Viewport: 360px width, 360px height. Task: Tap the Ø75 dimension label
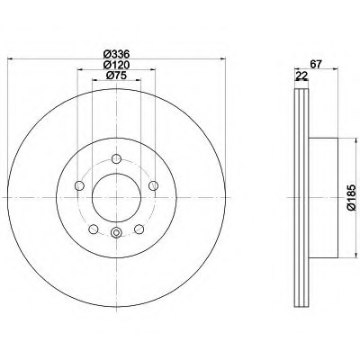tap(115, 76)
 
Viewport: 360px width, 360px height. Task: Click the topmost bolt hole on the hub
tap(115, 163)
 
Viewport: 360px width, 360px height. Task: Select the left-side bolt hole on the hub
tap(79, 185)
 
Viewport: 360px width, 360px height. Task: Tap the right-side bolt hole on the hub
tap(153, 185)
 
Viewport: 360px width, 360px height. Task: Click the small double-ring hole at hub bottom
tap(115, 235)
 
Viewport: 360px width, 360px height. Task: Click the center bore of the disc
tap(115, 197)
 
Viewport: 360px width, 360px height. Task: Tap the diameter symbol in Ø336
tap(104, 53)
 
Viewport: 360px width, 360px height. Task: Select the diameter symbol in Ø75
tap(108, 76)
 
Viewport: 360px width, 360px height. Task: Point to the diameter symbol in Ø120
tap(104, 64)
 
